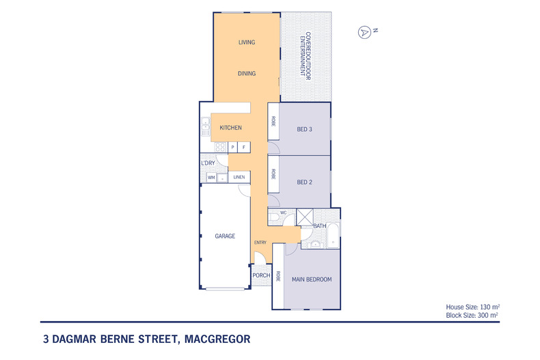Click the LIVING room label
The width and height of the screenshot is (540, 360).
coord(246,42)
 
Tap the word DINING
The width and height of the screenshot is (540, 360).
coord(246,73)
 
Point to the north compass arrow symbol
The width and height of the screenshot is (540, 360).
coord(364,31)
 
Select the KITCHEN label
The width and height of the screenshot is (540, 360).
coord(230,128)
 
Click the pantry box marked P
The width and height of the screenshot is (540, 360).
coord(233,147)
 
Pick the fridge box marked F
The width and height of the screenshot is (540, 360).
coord(243,147)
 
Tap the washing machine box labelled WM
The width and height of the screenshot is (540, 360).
coord(211,178)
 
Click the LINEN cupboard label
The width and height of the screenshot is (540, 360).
coord(239,178)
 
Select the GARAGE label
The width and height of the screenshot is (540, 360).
coord(225,236)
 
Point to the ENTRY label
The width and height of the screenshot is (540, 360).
coord(260,243)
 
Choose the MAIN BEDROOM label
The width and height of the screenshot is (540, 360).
coord(311,279)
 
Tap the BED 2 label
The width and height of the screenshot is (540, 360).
coord(304,182)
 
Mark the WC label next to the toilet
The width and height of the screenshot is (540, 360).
coord(284,213)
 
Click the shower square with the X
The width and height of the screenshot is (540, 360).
coord(303,217)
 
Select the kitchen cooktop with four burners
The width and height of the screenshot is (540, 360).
coord(221,147)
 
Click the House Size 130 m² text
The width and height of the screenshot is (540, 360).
coord(476,308)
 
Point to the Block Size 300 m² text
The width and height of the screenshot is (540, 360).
coord(476,316)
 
